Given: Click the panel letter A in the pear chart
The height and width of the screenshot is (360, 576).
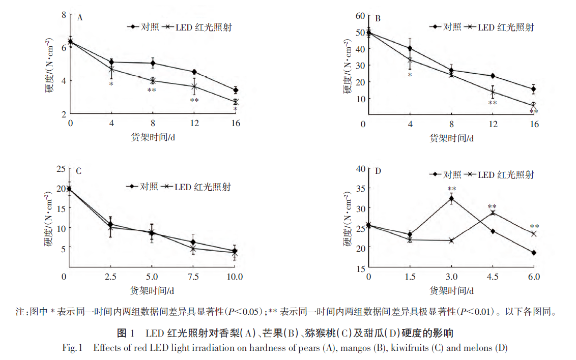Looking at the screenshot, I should [80, 18].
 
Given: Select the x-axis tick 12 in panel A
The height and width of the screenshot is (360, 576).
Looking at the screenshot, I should [193, 124].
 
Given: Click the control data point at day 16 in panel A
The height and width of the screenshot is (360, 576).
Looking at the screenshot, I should [235, 90].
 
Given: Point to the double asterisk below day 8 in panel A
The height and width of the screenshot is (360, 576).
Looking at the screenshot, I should [152, 91].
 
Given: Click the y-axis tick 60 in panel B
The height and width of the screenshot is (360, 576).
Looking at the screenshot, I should [359, 16].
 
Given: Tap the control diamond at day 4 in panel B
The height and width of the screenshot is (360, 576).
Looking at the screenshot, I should [410, 49].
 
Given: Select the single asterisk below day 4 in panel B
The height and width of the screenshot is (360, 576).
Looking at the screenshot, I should [410, 75].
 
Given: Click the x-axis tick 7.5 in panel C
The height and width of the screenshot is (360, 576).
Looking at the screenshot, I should [193, 277].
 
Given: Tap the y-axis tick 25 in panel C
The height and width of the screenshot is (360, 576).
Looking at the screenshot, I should [61, 169].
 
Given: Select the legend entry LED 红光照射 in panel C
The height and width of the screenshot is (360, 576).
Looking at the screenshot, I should [203, 187].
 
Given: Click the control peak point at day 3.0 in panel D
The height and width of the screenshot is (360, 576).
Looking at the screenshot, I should [451, 199].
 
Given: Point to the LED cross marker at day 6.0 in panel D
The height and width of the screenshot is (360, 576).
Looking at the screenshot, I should [534, 234].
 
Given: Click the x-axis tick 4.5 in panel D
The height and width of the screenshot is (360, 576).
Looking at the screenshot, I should [493, 277].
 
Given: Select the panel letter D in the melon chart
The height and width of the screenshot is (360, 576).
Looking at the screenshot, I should [378, 170].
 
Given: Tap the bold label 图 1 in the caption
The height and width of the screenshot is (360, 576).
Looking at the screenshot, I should [126, 334].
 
